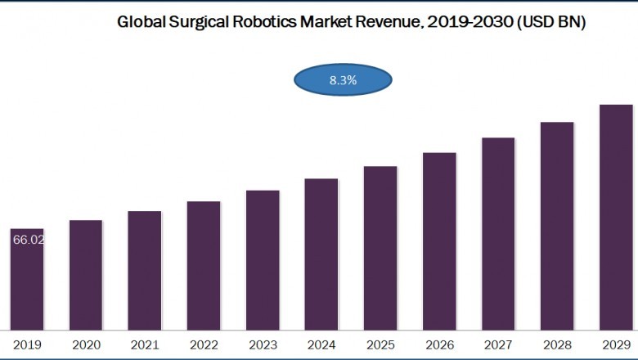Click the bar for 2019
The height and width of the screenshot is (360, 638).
[x=27, y=282]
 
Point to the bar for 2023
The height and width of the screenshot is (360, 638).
[x=263, y=259]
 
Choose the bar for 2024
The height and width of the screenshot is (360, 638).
[x=321, y=254]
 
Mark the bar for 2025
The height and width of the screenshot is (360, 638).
[x=380, y=248]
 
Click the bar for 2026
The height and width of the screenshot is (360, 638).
[x=439, y=241]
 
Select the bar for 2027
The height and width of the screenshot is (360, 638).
[x=498, y=233]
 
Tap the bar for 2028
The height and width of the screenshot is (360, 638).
[x=557, y=226]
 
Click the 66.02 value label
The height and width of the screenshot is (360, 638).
[x=27, y=239]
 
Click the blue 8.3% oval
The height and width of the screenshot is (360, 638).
[x=343, y=80]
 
